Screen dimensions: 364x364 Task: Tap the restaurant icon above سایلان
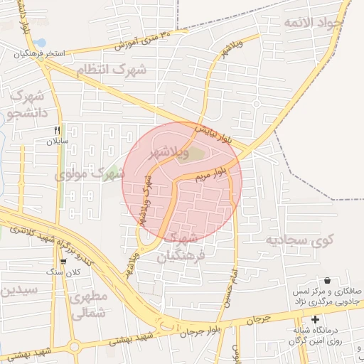click(58, 130)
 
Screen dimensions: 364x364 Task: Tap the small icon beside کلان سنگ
click(64, 261)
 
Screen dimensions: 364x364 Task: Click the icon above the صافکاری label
click(327, 280)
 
